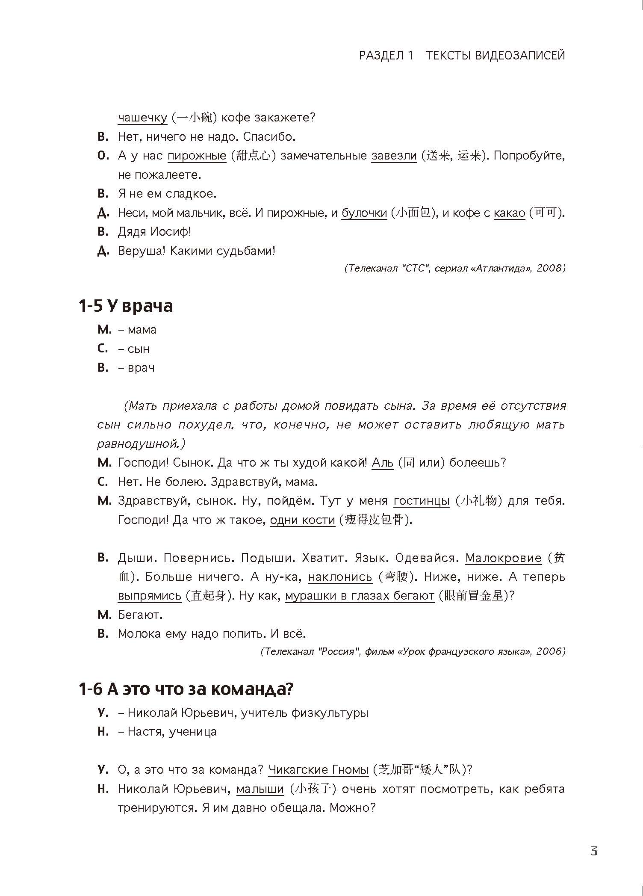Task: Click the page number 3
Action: pyautogui.click(x=593, y=851)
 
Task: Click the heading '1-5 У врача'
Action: pyautogui.click(x=126, y=306)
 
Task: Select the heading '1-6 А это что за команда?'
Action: pyautogui.click(x=186, y=689)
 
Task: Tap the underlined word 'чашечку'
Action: pyautogui.click(x=142, y=118)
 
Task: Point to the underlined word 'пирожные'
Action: pyautogui.click(x=197, y=156)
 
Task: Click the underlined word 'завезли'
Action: pyautogui.click(x=394, y=156)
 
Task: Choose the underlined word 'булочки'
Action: pyautogui.click(x=364, y=213)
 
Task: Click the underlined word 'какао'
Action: pyautogui.click(x=509, y=213)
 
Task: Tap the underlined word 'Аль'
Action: pyautogui.click(x=383, y=462)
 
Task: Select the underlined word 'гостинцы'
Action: pyautogui.click(x=422, y=500)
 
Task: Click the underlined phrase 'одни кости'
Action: pyautogui.click(x=302, y=520)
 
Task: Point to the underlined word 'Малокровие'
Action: pyautogui.click(x=503, y=558)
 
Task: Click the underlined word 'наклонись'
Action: pyautogui.click(x=340, y=577)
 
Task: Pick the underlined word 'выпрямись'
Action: pyautogui.click(x=150, y=596)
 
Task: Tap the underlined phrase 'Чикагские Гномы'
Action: pyautogui.click(x=319, y=770)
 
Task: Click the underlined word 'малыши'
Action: pyautogui.click(x=260, y=789)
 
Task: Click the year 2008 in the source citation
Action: pyautogui.click(x=550, y=268)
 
